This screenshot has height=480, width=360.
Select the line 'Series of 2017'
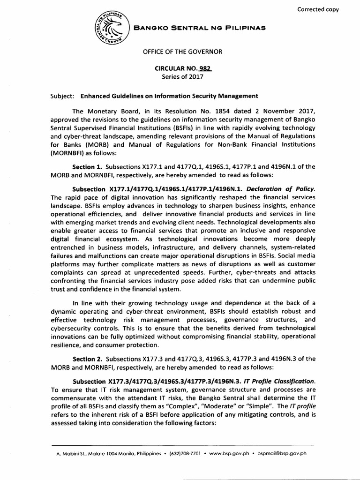pyautogui.click(x=180, y=76)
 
